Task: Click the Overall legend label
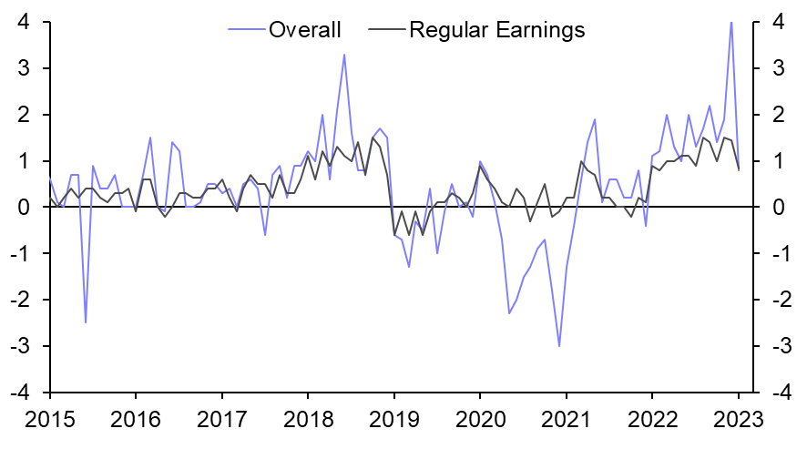[304, 30]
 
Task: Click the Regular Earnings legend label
[496, 30]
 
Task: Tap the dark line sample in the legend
[386, 30]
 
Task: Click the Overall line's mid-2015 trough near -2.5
[86, 322]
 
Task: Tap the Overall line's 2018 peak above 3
[343, 55]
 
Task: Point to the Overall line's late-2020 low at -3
[559, 346]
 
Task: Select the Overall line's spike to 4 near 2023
[731, 23]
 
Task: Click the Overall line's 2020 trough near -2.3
[509, 313]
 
